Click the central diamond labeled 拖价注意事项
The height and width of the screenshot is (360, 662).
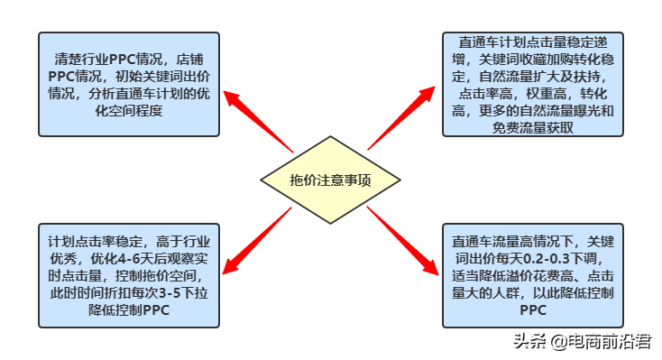pos(330,179)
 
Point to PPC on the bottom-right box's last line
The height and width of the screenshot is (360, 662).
pos(532,310)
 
